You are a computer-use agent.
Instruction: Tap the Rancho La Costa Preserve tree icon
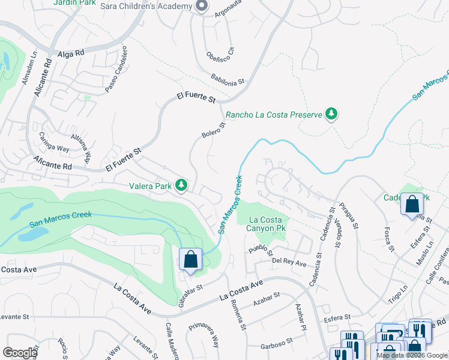point(331,114)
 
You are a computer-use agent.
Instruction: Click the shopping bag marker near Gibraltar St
point(190,260)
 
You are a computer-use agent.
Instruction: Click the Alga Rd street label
point(71,53)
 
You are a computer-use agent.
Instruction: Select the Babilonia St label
point(228,79)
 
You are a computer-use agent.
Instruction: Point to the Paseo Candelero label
point(116,69)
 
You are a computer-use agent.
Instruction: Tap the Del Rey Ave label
point(289,263)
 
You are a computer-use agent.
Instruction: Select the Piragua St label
point(350,217)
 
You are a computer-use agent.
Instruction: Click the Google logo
point(20,353)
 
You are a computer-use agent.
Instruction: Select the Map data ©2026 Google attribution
point(412,355)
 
